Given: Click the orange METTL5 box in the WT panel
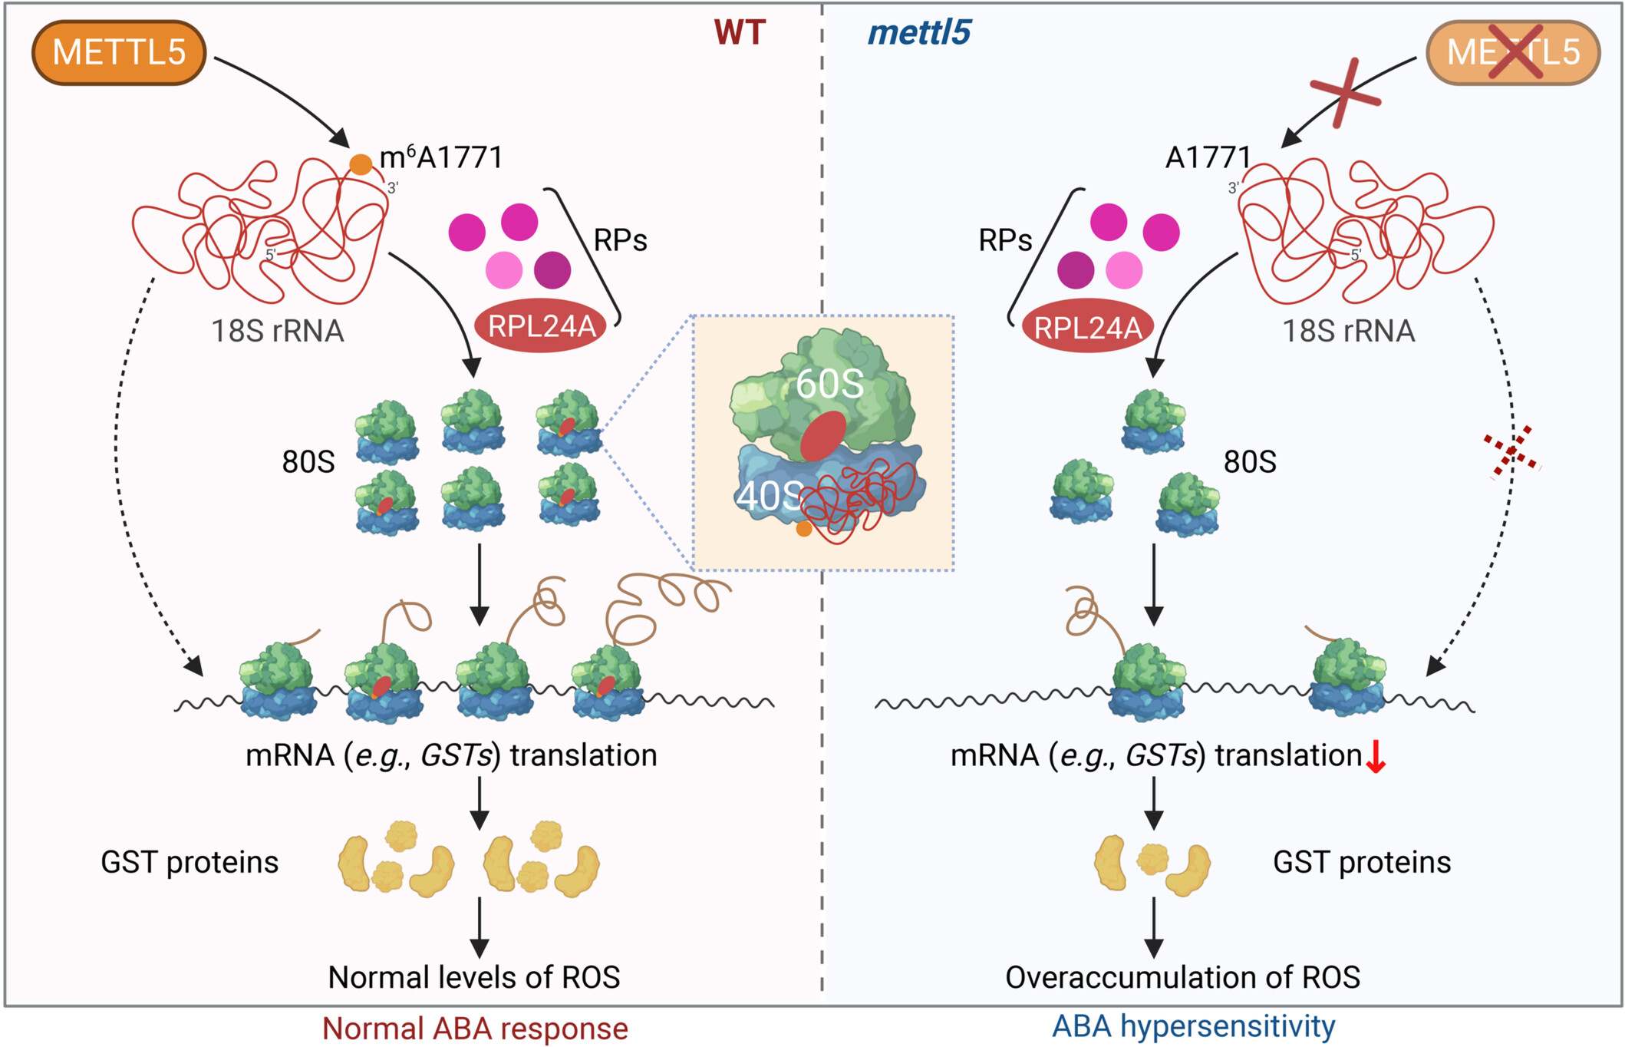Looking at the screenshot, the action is (x=119, y=52).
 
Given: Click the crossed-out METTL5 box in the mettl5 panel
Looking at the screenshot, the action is (x=1512, y=52).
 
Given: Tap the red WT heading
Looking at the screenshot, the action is (x=740, y=32).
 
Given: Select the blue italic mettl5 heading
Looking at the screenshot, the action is (x=918, y=32).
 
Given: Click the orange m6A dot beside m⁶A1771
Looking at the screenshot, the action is (x=361, y=163).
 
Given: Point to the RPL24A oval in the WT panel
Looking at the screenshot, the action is (x=542, y=326).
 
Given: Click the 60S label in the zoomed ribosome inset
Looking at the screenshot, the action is (x=829, y=383).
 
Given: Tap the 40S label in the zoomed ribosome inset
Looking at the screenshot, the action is (x=770, y=496).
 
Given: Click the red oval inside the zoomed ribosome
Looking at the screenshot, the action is (x=822, y=436).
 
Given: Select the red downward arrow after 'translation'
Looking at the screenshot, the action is (x=1376, y=757).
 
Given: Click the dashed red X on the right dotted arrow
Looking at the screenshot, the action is (x=1511, y=451).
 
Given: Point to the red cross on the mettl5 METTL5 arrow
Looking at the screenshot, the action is (x=1345, y=93).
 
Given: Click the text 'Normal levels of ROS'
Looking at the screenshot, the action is (x=473, y=977).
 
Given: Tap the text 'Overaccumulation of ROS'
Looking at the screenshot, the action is (x=1182, y=977).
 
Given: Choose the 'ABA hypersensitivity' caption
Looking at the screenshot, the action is (x=1193, y=1026).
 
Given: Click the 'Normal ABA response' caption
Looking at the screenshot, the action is (x=475, y=1029).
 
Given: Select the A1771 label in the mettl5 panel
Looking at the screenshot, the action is (x=1208, y=157).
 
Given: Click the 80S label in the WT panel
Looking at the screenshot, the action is (x=308, y=461).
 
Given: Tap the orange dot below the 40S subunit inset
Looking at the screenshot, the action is (x=804, y=529).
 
